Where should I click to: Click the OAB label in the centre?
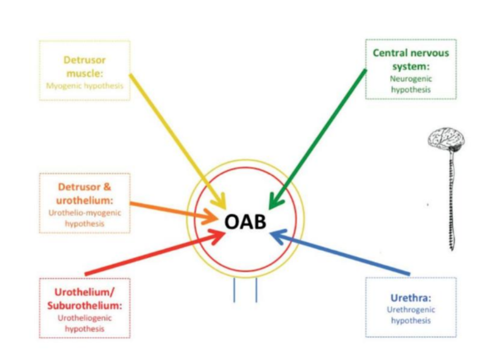245,222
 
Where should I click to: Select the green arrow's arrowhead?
275,201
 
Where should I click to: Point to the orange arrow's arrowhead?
211,216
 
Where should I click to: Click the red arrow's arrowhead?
217,236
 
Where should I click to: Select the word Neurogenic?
411,78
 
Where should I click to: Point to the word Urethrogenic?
411,309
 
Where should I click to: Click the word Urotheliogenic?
85,318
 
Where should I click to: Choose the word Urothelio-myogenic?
85,213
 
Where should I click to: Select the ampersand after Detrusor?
107,187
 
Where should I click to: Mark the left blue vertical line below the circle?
234,290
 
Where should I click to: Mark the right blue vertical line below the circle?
257,290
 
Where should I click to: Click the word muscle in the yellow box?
84,73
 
